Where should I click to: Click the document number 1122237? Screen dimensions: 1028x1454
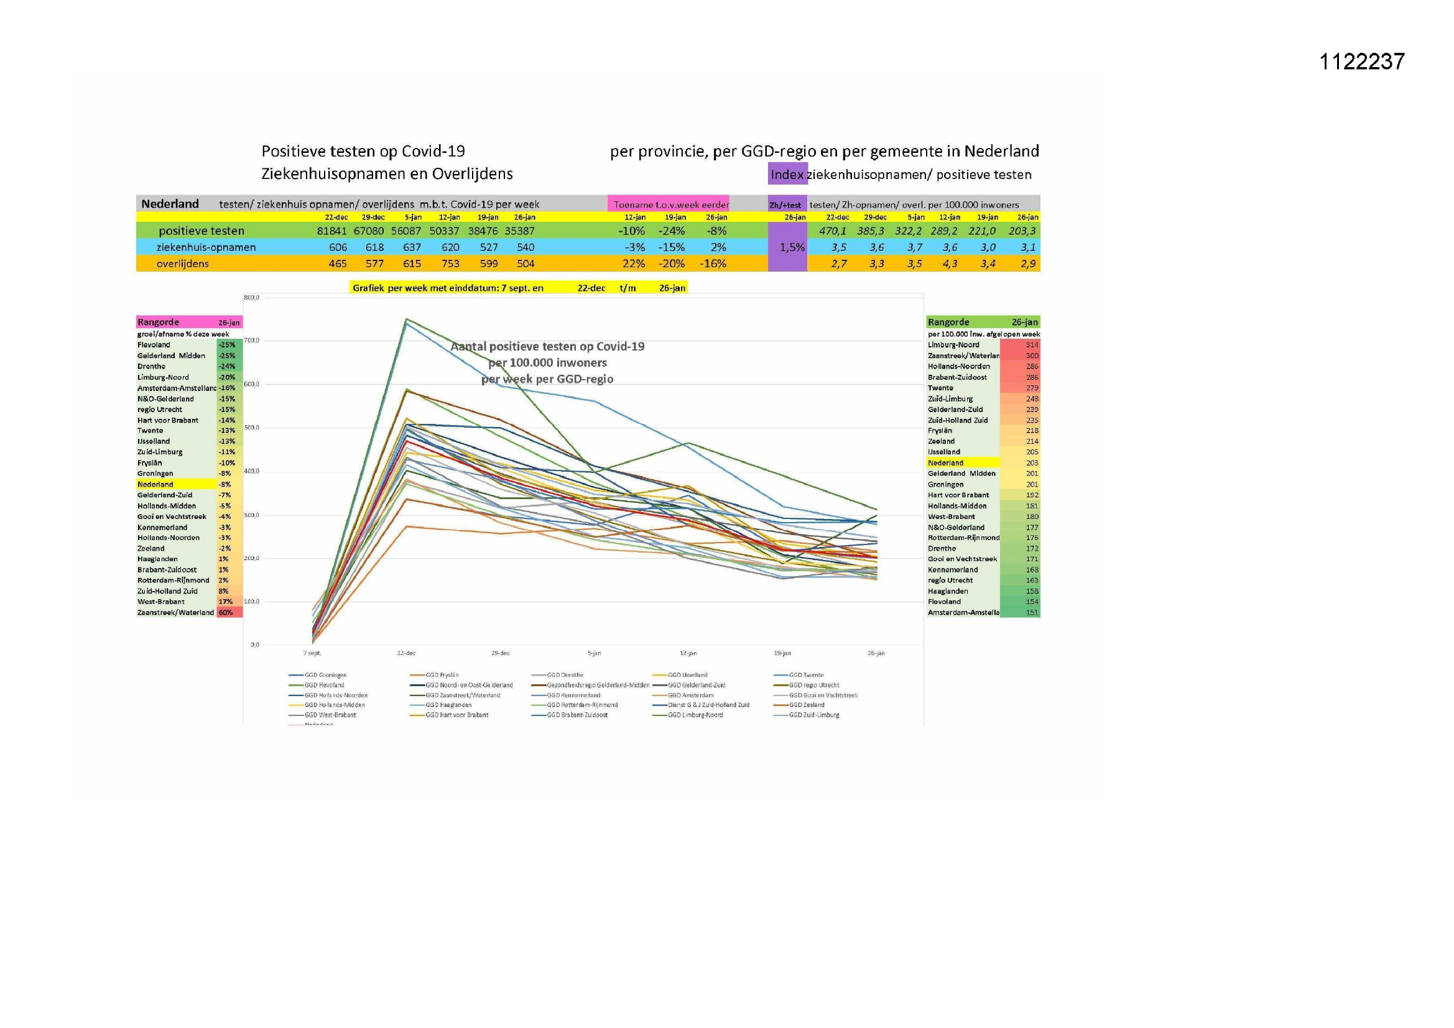(x=1361, y=62)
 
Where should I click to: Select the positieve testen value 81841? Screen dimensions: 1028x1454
(x=331, y=231)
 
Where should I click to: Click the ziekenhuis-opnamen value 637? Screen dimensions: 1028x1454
(x=412, y=247)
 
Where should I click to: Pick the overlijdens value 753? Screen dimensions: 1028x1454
(x=450, y=264)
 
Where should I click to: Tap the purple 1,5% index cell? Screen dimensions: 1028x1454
(x=792, y=247)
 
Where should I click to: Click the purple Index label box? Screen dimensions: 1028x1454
(x=787, y=175)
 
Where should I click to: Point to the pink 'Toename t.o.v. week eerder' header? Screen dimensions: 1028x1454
(x=670, y=204)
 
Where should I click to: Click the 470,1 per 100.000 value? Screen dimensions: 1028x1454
(x=832, y=231)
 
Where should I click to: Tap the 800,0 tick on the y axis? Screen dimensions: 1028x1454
(x=251, y=298)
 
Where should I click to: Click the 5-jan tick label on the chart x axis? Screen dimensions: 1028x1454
(x=594, y=653)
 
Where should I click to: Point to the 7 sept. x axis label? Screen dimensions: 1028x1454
(x=312, y=653)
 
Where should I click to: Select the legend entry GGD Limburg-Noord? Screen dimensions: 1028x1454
(x=695, y=715)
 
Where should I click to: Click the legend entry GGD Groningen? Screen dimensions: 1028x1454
(x=325, y=675)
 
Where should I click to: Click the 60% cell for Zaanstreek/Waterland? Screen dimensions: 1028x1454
(x=226, y=613)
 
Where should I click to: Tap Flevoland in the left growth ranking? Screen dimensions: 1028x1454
(x=154, y=345)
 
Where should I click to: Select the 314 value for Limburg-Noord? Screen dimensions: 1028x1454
(x=1032, y=345)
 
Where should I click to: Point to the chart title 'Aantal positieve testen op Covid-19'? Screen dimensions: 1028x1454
(x=547, y=346)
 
